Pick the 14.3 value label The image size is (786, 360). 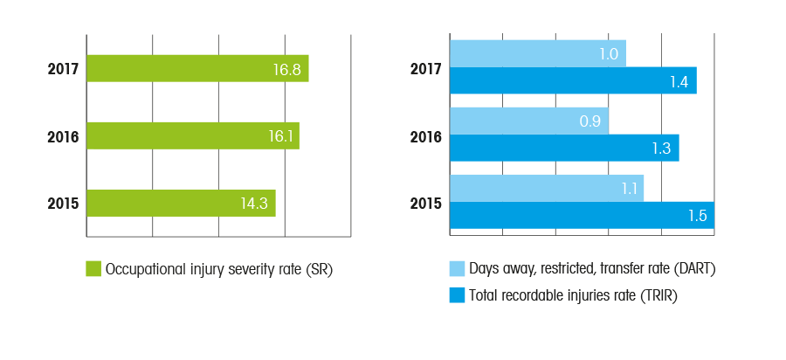click(255, 204)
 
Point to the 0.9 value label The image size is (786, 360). click(590, 121)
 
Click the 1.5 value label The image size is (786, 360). click(696, 216)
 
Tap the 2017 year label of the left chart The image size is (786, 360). click(64, 69)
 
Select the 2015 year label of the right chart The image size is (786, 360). click(426, 204)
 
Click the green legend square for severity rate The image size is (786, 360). click(93, 269)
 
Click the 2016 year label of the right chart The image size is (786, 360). click(426, 136)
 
